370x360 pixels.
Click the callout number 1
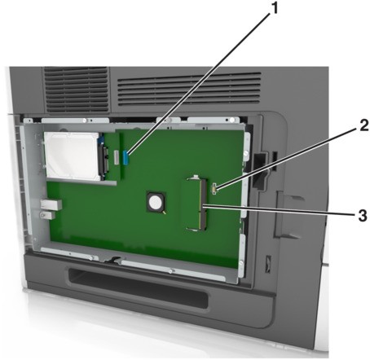pyautogui.click(x=275, y=8)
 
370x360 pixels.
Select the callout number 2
pyautogui.click(x=363, y=125)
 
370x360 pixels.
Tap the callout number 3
pyautogui.click(x=363, y=216)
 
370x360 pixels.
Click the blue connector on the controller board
pyautogui.click(x=126, y=157)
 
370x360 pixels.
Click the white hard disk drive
pyautogui.click(x=72, y=156)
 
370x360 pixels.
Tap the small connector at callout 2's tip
pyautogui.click(x=214, y=188)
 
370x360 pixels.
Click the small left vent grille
pyautogui.click(x=77, y=90)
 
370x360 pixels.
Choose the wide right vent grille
pyautogui.click(x=189, y=89)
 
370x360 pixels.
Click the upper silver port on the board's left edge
pyautogui.click(x=51, y=204)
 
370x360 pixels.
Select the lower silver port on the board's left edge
pyautogui.click(x=47, y=215)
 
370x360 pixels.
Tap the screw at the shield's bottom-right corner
pyautogui.click(x=241, y=263)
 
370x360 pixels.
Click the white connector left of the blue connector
pyautogui.click(x=117, y=157)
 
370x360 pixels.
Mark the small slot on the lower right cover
pyautogui.click(x=267, y=264)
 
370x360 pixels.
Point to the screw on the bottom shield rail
pyautogui.click(x=170, y=270)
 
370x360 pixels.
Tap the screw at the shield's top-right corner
pyautogui.click(x=231, y=120)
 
